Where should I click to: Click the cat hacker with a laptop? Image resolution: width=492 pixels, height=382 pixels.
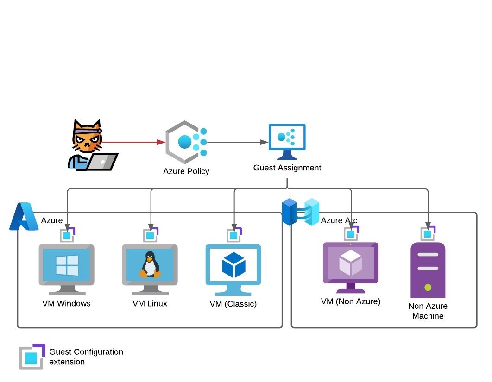(x=91, y=145)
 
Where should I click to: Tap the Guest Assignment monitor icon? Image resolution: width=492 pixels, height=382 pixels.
(x=287, y=141)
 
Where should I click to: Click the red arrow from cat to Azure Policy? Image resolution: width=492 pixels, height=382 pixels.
(x=134, y=142)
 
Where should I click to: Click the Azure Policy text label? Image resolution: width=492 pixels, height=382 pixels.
(x=186, y=171)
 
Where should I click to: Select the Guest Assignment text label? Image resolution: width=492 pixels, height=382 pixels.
(x=287, y=168)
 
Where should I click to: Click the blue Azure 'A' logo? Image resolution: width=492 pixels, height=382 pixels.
(x=24, y=217)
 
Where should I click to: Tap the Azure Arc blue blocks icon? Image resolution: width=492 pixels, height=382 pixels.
(x=301, y=212)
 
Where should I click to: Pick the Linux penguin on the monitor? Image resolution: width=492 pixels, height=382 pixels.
(x=150, y=265)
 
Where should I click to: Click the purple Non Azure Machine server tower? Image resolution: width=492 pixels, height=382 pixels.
(x=428, y=270)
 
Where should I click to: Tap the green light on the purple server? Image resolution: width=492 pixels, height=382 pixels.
(x=428, y=288)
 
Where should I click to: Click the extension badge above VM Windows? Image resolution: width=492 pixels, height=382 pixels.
(x=68, y=234)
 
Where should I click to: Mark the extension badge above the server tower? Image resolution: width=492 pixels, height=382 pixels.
(x=428, y=233)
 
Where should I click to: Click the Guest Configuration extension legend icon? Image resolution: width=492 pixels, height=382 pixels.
(x=32, y=357)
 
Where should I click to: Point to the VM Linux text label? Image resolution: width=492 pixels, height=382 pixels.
(x=150, y=304)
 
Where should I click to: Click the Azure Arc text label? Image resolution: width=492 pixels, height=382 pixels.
(x=339, y=220)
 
